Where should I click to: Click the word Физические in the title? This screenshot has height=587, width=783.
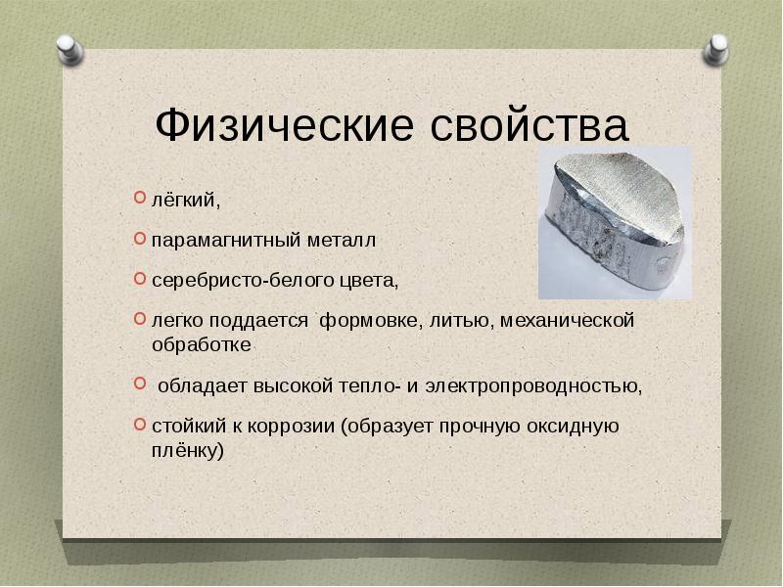[x=285, y=126]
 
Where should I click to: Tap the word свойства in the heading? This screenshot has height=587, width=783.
[x=529, y=125]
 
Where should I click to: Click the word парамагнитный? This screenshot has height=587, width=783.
[x=226, y=241]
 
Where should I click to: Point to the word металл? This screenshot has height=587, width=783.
[x=342, y=241]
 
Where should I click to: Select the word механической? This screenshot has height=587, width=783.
[x=568, y=321]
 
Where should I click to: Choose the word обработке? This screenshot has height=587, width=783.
[x=202, y=345]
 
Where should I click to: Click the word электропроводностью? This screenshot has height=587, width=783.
[x=533, y=386]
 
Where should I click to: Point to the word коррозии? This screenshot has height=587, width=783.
[x=291, y=427]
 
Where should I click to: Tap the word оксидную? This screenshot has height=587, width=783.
[x=574, y=427]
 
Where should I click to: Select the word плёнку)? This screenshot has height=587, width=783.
[x=188, y=451]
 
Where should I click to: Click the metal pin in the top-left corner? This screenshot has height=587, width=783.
[x=69, y=50]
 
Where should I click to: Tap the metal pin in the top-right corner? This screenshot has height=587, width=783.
[x=715, y=50]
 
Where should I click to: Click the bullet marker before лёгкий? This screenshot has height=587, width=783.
[x=140, y=198]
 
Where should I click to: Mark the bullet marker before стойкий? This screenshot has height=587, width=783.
[x=140, y=425]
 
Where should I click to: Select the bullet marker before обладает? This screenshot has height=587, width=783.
[x=140, y=384]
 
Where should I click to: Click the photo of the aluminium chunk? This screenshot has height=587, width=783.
[x=616, y=223]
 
